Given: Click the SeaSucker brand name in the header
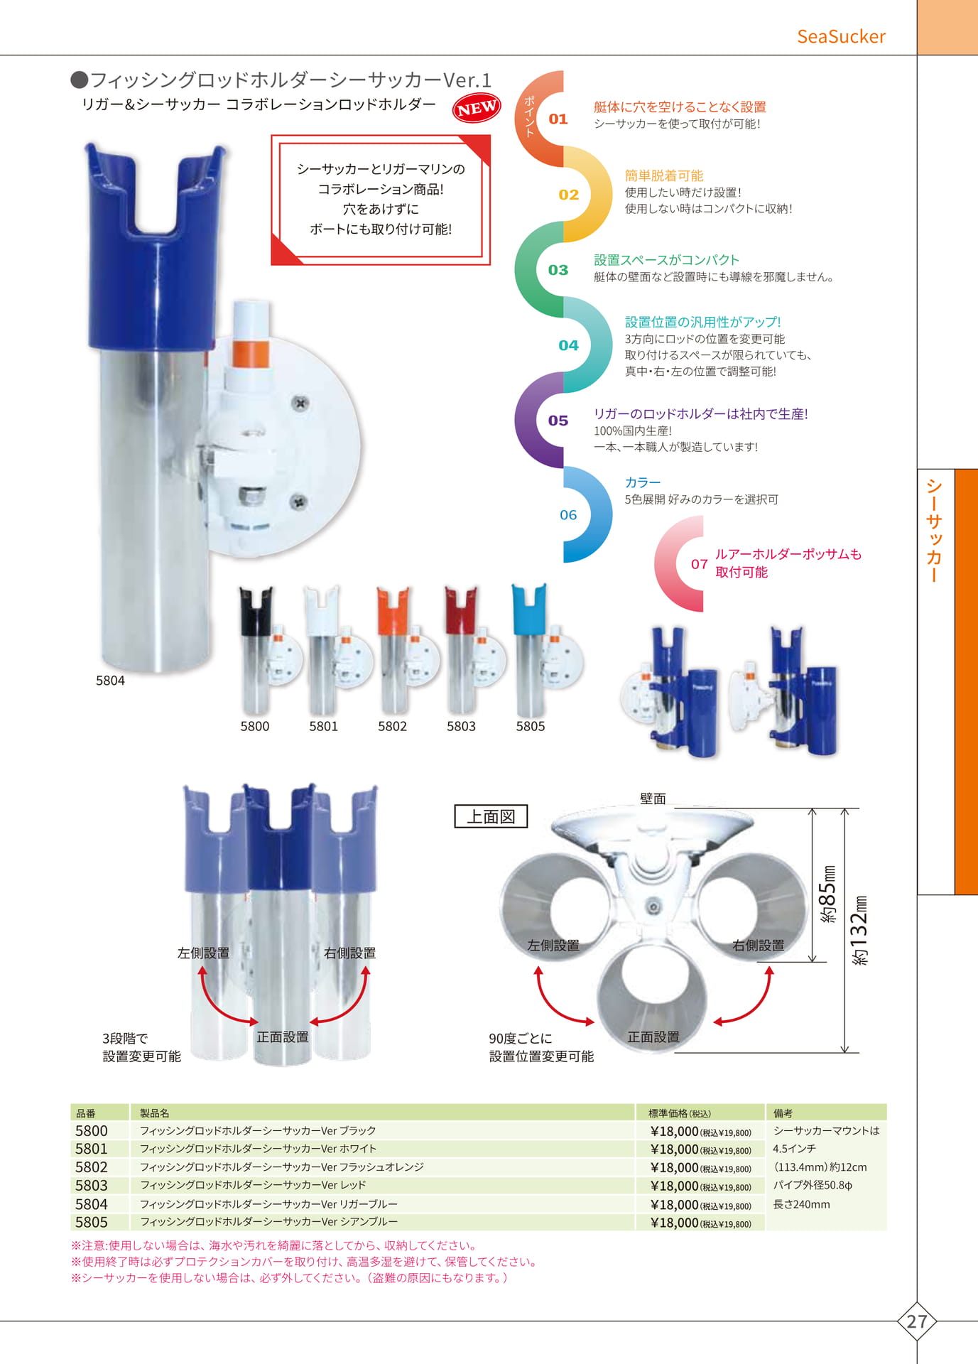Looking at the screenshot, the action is pyautogui.click(x=841, y=36).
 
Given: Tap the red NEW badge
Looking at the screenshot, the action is pyautogui.click(x=477, y=108).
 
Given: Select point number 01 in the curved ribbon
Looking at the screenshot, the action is pyautogui.click(x=558, y=119).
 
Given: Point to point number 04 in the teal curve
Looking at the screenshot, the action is pyautogui.click(x=568, y=345).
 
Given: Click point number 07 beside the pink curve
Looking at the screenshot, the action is pyautogui.click(x=700, y=564).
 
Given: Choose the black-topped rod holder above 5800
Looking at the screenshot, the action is pyautogui.click(x=256, y=650).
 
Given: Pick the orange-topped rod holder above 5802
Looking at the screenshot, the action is pyautogui.click(x=393, y=650).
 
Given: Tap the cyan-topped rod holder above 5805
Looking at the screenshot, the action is pyautogui.click(x=531, y=650).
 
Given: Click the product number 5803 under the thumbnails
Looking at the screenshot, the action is pyautogui.click(x=461, y=726).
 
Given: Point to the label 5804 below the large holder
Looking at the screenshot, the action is pyautogui.click(x=110, y=681).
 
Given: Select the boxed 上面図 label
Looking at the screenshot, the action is pyautogui.click(x=491, y=816).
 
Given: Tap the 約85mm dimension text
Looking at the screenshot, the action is pyautogui.click(x=828, y=894).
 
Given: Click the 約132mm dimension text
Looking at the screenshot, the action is pyautogui.click(x=859, y=930).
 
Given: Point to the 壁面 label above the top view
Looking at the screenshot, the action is pyautogui.click(x=653, y=799).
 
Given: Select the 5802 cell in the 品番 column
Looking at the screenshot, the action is pyautogui.click(x=92, y=1167).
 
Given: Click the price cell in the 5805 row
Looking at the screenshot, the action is pyautogui.click(x=700, y=1223).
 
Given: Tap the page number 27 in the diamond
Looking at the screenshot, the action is pyautogui.click(x=917, y=1321).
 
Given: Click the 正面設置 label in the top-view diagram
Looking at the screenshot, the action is pyautogui.click(x=653, y=1037).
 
